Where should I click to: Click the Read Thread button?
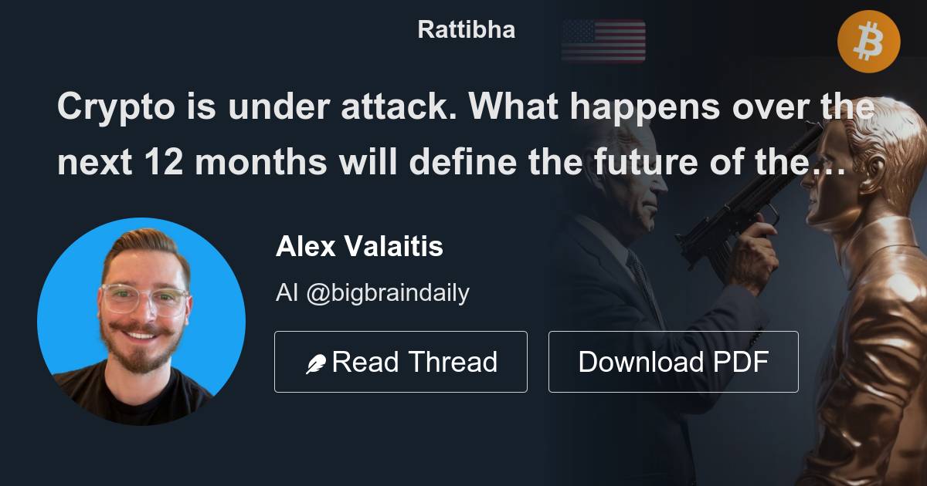[400, 362]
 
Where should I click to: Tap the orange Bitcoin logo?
[869, 42]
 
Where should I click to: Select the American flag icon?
[603, 41]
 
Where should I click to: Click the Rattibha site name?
[466, 30]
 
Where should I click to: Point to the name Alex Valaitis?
[359, 247]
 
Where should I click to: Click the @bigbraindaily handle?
[388, 293]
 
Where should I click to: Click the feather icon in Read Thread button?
[315, 363]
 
